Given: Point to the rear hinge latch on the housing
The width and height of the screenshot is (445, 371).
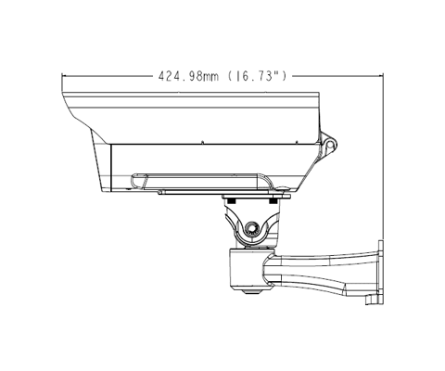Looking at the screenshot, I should [x=328, y=146].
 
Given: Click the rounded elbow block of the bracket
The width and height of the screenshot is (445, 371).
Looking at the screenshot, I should [x=244, y=271].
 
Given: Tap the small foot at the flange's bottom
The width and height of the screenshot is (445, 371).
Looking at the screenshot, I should [x=372, y=300].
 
